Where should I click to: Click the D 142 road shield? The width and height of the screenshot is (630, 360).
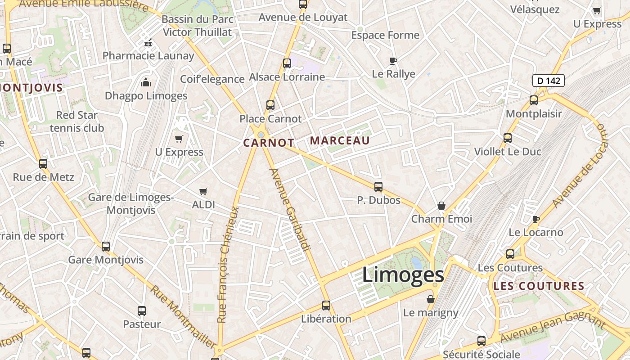pyautogui.click(x=548, y=81)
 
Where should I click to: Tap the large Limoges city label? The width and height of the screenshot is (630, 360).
pyautogui.click(x=403, y=275)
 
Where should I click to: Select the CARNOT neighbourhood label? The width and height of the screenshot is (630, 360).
pyautogui.click(x=269, y=143)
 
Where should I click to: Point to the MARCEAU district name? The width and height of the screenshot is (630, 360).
pyautogui.click(x=340, y=141)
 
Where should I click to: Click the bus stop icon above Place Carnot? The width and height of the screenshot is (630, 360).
pyautogui.click(x=270, y=105)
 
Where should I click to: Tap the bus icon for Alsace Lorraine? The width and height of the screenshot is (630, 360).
pyautogui.click(x=287, y=63)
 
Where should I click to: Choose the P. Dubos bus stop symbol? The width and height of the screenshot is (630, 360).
pyautogui.click(x=378, y=186)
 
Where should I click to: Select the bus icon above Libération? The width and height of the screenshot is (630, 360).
pyautogui.click(x=326, y=305)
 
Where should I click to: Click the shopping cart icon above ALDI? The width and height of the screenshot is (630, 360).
pyautogui.click(x=203, y=191)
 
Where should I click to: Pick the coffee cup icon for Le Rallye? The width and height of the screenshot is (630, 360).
pyautogui.click(x=393, y=61)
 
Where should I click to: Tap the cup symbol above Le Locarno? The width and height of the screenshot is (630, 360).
pyautogui.click(x=535, y=219)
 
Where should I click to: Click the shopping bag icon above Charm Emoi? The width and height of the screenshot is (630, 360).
pyautogui.click(x=441, y=206)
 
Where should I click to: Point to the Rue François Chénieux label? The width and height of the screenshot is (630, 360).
pyautogui.click(x=228, y=265)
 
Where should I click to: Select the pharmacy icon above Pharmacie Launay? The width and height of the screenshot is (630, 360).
pyautogui.click(x=148, y=43)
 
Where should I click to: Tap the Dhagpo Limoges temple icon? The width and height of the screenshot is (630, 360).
pyautogui.click(x=146, y=82)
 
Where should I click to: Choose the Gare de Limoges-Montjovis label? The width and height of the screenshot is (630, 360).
pyautogui.click(x=131, y=204)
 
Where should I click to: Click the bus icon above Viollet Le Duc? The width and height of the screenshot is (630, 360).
pyautogui.click(x=508, y=138)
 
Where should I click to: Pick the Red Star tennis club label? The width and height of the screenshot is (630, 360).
pyautogui.click(x=77, y=121)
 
